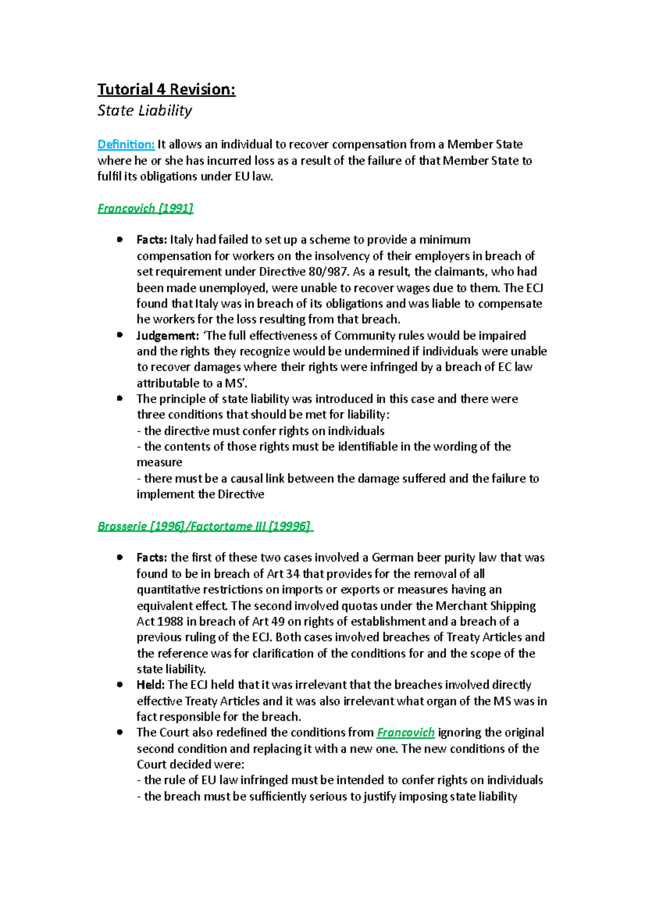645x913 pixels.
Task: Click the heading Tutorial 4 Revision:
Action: click(166, 89)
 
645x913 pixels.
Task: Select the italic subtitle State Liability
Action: click(145, 111)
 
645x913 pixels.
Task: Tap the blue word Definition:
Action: click(126, 145)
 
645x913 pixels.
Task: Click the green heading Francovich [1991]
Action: click(145, 208)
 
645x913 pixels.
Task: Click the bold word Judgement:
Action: click(168, 336)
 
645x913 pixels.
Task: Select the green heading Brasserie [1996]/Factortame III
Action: click(204, 526)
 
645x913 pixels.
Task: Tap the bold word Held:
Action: click(150, 684)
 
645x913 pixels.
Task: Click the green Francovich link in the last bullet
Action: click(405, 732)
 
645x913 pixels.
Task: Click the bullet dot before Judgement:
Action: click(120, 335)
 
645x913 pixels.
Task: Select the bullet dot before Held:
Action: click(120, 684)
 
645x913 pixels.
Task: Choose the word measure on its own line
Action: click(159, 462)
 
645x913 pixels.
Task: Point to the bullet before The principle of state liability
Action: click(120, 398)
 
